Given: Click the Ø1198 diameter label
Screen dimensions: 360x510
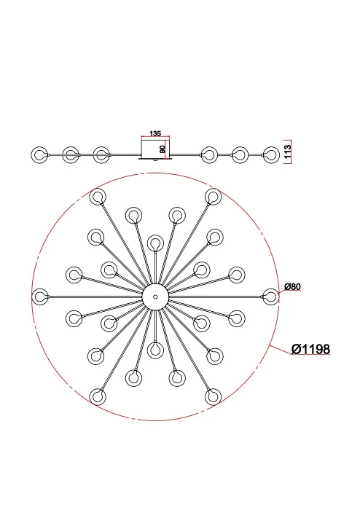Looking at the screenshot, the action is tap(310, 349).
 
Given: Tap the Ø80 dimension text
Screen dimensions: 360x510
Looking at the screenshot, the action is tap(292, 287).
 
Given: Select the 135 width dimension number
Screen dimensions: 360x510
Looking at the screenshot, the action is tap(155, 133).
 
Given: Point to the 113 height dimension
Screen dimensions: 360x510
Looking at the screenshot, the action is tap(287, 152).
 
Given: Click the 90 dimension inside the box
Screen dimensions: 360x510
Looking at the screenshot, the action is tap(163, 149).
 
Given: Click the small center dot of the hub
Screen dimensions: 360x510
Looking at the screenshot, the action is tap(155, 297).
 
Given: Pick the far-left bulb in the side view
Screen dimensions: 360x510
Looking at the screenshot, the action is tap(39, 155).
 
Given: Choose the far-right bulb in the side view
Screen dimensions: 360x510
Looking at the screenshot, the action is tap(271, 155).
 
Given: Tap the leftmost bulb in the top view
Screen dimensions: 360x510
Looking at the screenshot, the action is tap(40, 297).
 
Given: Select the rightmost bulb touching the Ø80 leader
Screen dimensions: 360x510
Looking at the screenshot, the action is tap(270, 297).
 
